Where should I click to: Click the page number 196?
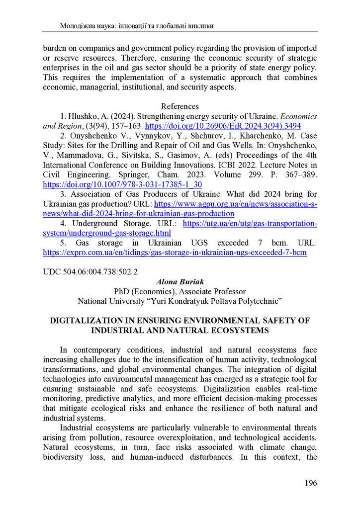pyautogui.click(x=309, y=483)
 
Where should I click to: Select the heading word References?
pyautogui.click(x=180, y=106)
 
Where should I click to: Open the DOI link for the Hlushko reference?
pyautogui.click(x=219, y=126)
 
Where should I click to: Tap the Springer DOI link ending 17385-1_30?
pyautogui.click(x=122, y=184)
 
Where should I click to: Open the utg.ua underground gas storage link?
pyautogui.click(x=250, y=224)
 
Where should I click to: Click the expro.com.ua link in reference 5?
pyautogui.click(x=175, y=253)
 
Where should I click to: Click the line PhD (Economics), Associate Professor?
pyautogui.click(x=180, y=291)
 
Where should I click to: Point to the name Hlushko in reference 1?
pyautogui.click(x=82, y=116)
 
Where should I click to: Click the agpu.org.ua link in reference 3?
pyautogui.click(x=236, y=204)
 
